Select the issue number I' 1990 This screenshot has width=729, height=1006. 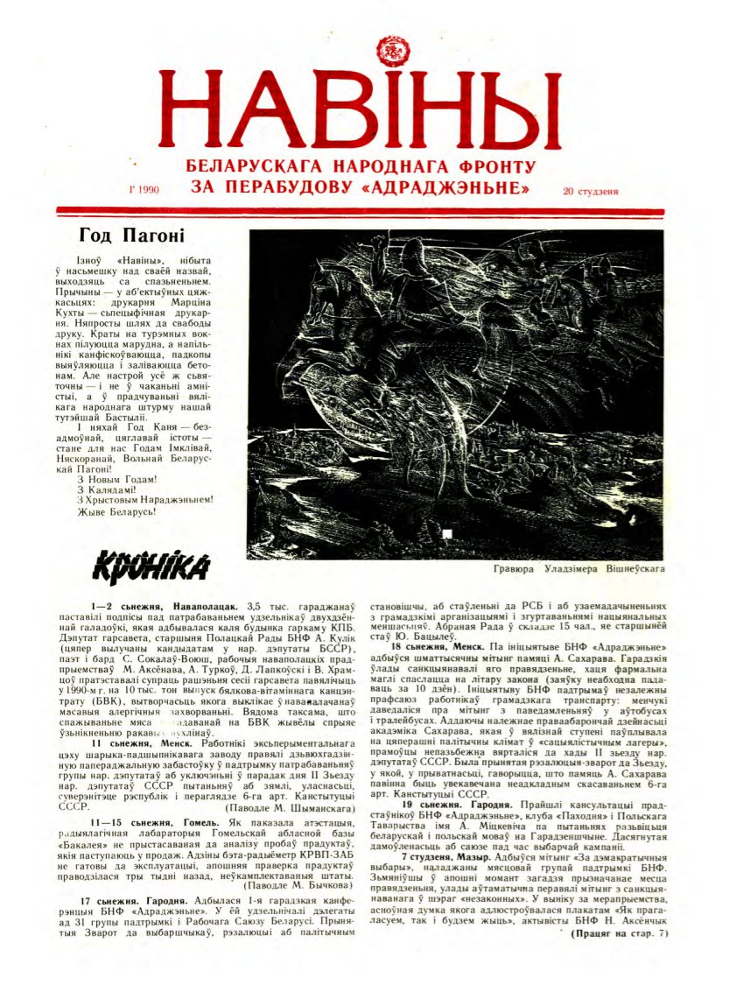[x=143, y=188]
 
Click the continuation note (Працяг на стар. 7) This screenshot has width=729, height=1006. [x=620, y=933]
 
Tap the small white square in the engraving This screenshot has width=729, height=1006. [x=447, y=533]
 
